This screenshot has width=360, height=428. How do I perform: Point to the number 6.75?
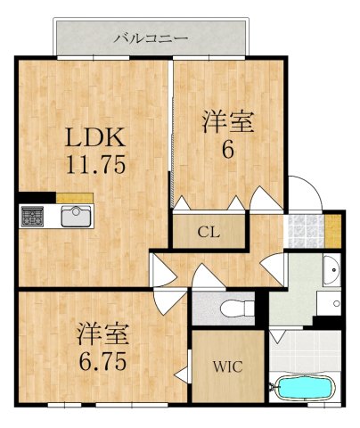pos(102,362)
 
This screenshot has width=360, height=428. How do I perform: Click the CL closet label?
pos(209,233)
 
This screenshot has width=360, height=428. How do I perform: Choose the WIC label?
pos(227,366)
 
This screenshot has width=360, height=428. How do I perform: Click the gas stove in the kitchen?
pos(34,217)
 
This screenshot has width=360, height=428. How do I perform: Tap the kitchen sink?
pos(75,217)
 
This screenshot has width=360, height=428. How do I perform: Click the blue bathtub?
pos(304,389)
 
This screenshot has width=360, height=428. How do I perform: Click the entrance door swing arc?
pos(305,189)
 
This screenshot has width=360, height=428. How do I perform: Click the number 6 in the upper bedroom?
pos(227,150)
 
